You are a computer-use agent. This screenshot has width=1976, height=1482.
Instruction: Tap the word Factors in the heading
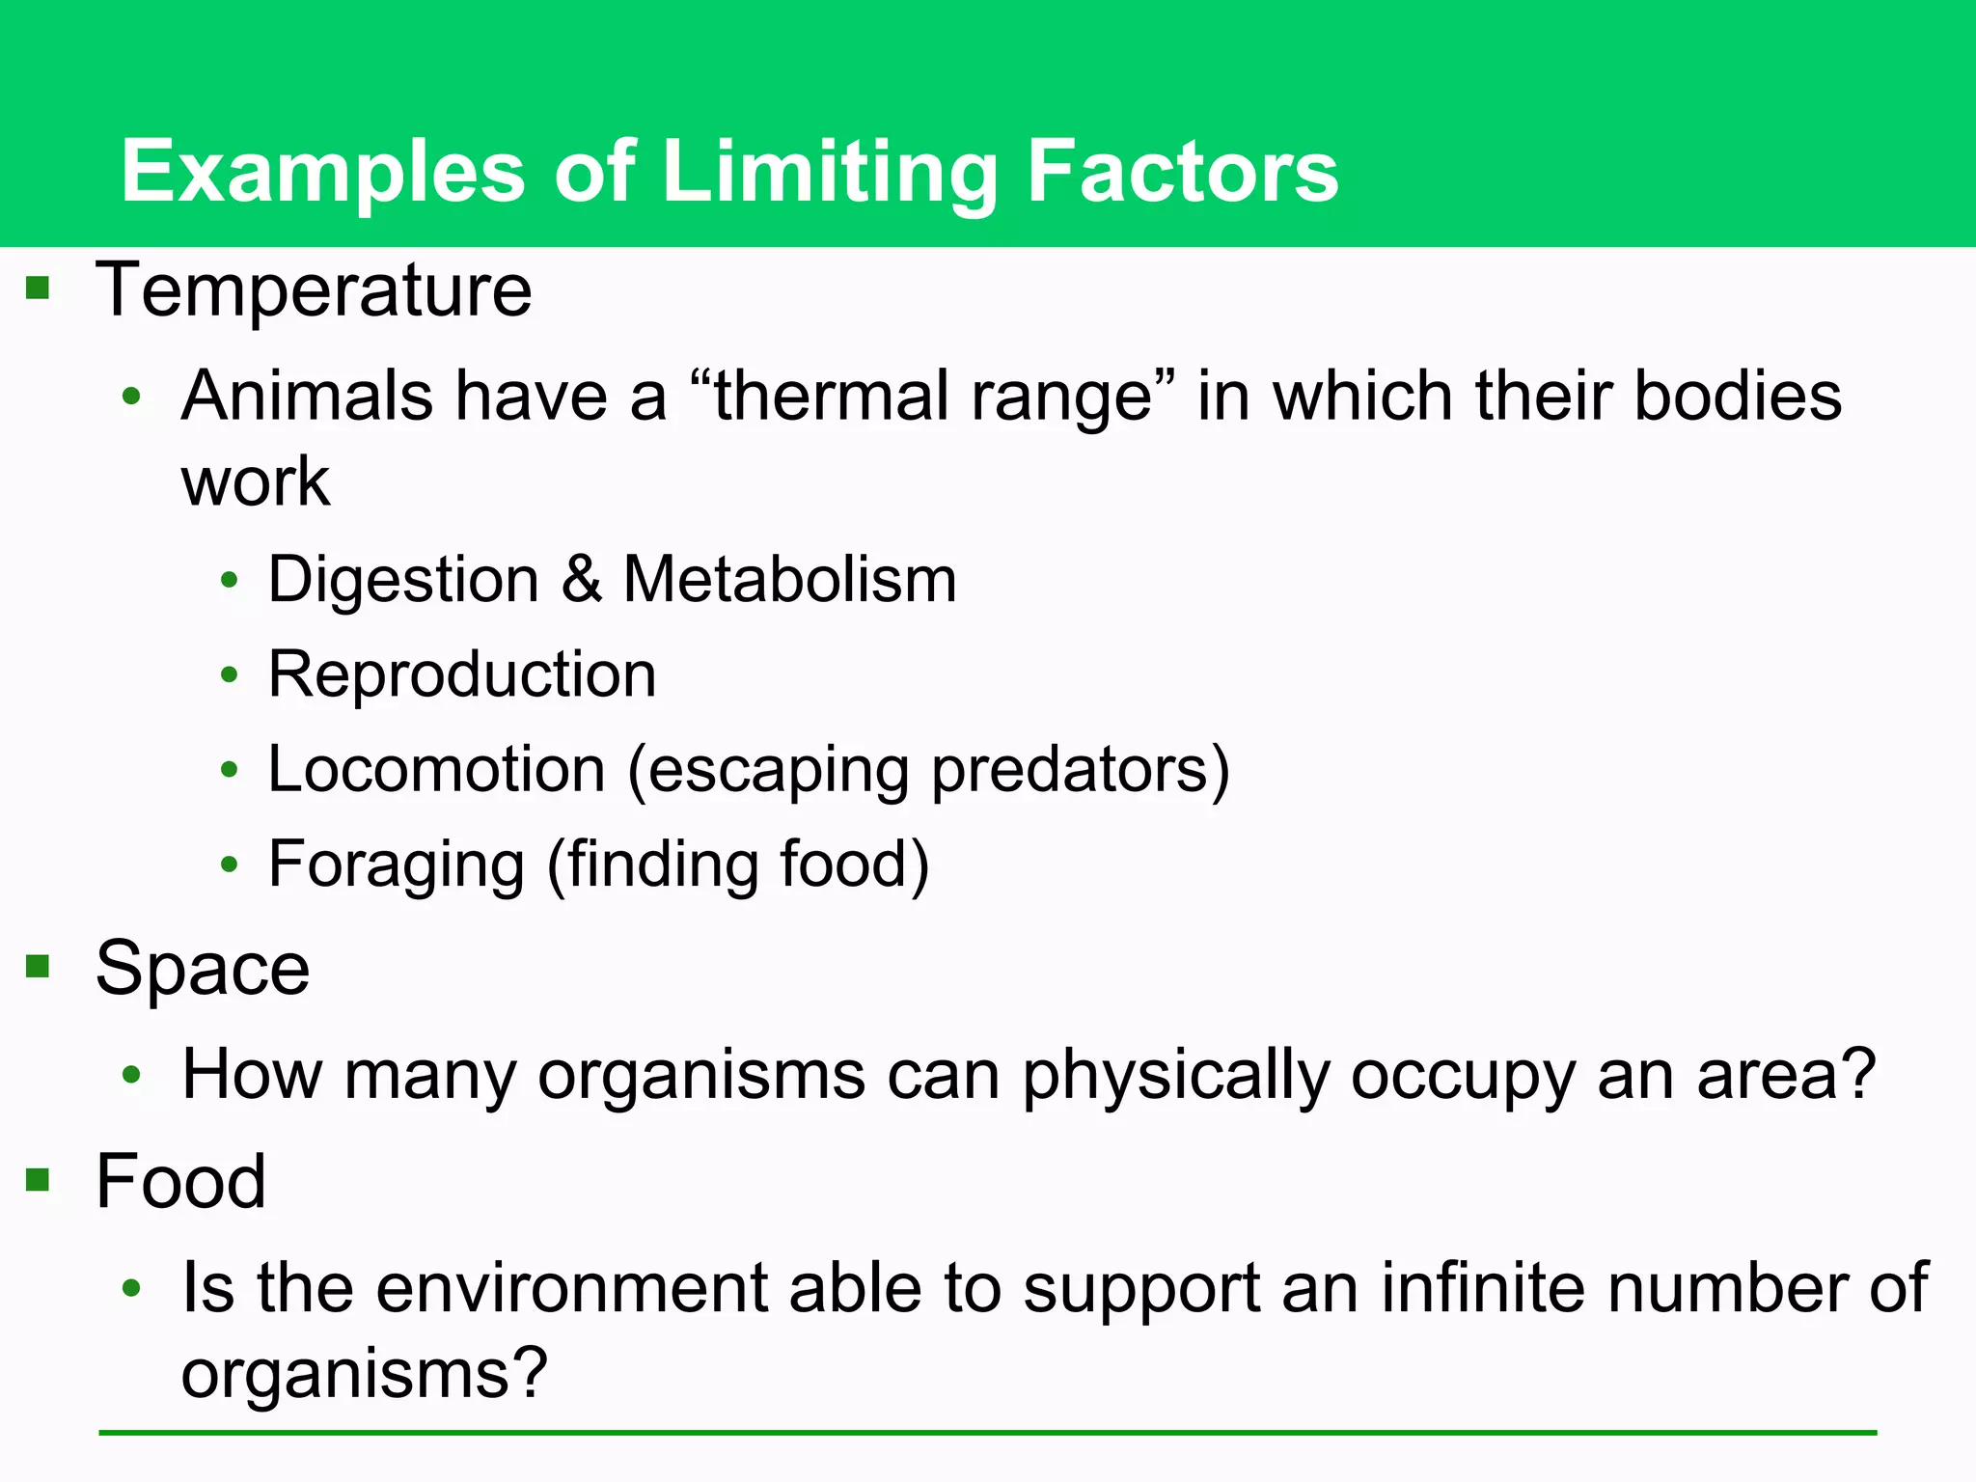tap(1182, 172)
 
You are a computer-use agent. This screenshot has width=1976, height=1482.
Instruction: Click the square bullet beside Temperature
tap(38, 287)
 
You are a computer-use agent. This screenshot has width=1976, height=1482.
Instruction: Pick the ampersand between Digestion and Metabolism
tap(581, 579)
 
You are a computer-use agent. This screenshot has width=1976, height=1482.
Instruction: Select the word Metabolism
tap(789, 579)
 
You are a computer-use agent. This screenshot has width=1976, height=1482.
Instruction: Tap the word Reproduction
tap(462, 673)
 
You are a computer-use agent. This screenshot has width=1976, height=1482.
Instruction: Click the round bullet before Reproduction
tap(229, 674)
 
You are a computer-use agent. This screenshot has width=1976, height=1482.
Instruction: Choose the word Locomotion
tap(436, 769)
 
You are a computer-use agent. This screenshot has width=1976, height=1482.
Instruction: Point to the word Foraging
tap(396, 864)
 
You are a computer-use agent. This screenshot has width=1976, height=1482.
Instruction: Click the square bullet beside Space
tap(38, 965)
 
